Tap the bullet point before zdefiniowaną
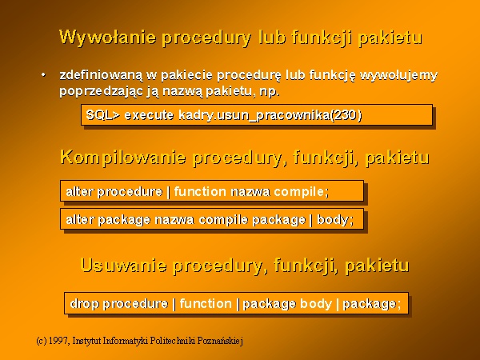point(43,74)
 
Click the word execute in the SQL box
point(149,115)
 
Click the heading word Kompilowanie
point(123,158)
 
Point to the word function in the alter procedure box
point(200,192)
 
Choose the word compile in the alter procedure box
point(299,192)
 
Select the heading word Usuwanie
point(123,265)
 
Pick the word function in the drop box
point(206,304)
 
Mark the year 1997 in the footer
point(58,341)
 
